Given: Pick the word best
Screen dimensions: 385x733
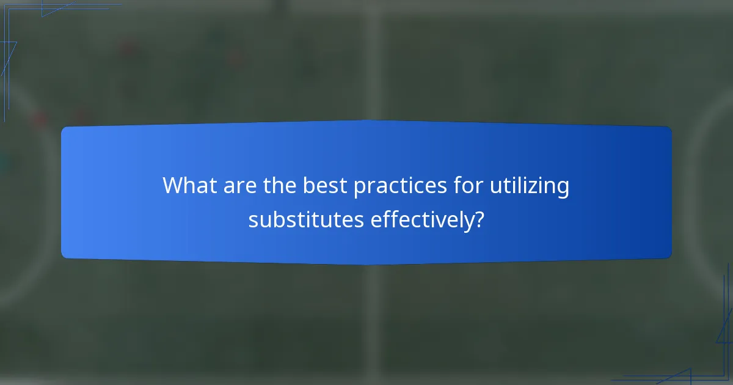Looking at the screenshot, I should pos(324,186).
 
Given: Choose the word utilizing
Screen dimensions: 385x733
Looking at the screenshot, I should pos(529,186).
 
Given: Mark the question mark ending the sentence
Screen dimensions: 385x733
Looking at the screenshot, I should pos(480,219).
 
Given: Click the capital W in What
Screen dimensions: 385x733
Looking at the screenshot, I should pos(173,186).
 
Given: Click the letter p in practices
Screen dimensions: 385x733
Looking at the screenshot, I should pos(359,189).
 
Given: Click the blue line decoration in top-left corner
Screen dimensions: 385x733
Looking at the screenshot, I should pos(24,24).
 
